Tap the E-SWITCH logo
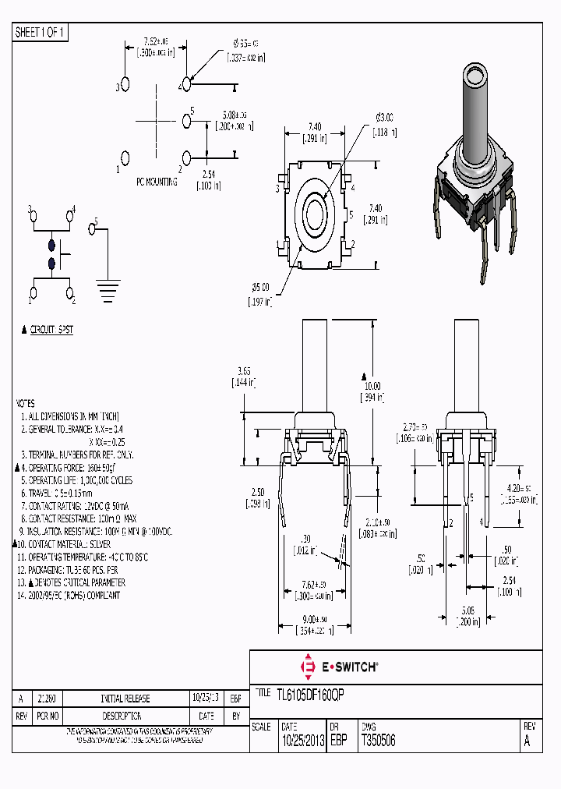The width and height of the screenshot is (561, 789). click(340, 667)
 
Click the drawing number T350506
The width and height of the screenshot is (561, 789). click(378, 741)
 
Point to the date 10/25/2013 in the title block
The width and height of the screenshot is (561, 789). click(302, 741)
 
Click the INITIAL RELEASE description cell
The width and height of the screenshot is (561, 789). click(125, 699)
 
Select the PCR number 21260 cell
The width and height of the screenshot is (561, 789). click(46, 699)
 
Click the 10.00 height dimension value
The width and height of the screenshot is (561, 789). click(373, 385)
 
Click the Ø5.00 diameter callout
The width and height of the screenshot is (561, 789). click(259, 287)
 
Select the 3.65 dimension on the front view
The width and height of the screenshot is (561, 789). click(243, 370)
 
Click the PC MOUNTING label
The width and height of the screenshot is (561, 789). click(157, 182)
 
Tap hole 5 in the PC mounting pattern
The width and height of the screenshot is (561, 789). click(185, 120)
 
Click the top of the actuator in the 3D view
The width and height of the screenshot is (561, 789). click(475, 76)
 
